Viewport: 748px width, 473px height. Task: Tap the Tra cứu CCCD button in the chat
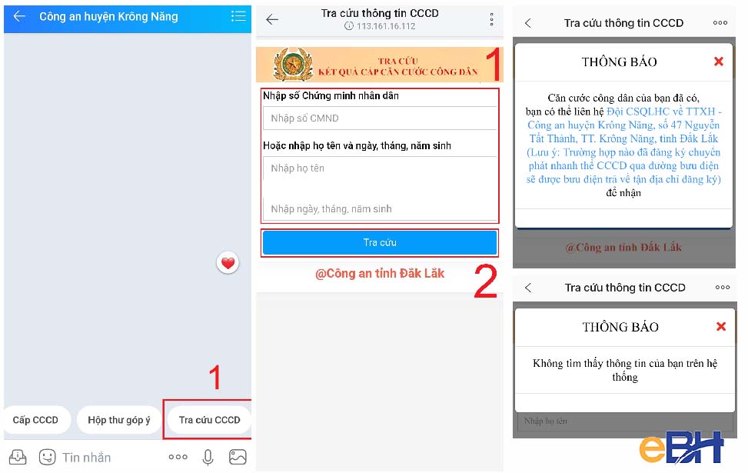click(x=209, y=420)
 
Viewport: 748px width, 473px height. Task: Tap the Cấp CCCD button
click(x=35, y=420)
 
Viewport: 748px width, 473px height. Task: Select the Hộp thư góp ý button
click(x=119, y=420)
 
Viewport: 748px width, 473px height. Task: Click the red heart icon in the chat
click(x=228, y=263)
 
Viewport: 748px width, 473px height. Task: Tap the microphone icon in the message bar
click(x=208, y=457)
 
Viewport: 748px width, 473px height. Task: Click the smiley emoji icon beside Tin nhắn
click(x=47, y=457)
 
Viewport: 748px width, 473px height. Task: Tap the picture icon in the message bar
click(x=238, y=457)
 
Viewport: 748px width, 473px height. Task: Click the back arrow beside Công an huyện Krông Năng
click(x=19, y=16)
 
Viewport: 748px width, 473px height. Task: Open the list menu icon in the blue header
click(x=238, y=16)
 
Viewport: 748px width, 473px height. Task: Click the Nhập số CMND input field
click(x=380, y=118)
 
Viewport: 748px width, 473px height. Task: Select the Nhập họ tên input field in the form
click(x=380, y=168)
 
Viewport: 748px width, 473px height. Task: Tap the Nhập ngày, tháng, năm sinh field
click(x=380, y=208)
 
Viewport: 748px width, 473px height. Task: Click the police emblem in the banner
click(x=290, y=65)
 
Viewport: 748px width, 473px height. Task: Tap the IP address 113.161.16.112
click(x=384, y=26)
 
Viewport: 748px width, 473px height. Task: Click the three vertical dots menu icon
click(x=492, y=20)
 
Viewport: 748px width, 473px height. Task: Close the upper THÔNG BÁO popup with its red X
click(x=719, y=62)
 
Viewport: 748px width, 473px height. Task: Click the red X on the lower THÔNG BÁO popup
click(x=721, y=327)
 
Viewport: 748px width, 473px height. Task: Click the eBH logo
click(x=680, y=448)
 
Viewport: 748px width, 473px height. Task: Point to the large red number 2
click(x=484, y=281)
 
